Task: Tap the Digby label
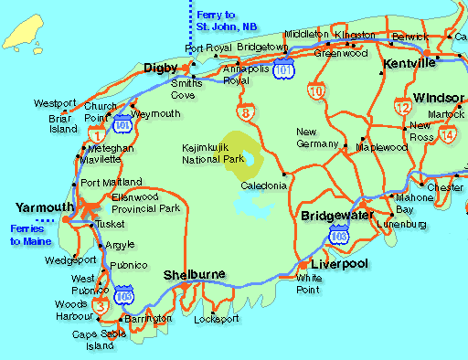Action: click(161, 66)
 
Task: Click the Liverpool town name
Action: click(339, 263)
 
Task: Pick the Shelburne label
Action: click(194, 275)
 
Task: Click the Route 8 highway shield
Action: click(247, 113)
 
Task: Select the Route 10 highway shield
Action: click(316, 90)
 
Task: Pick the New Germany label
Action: click(318, 138)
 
